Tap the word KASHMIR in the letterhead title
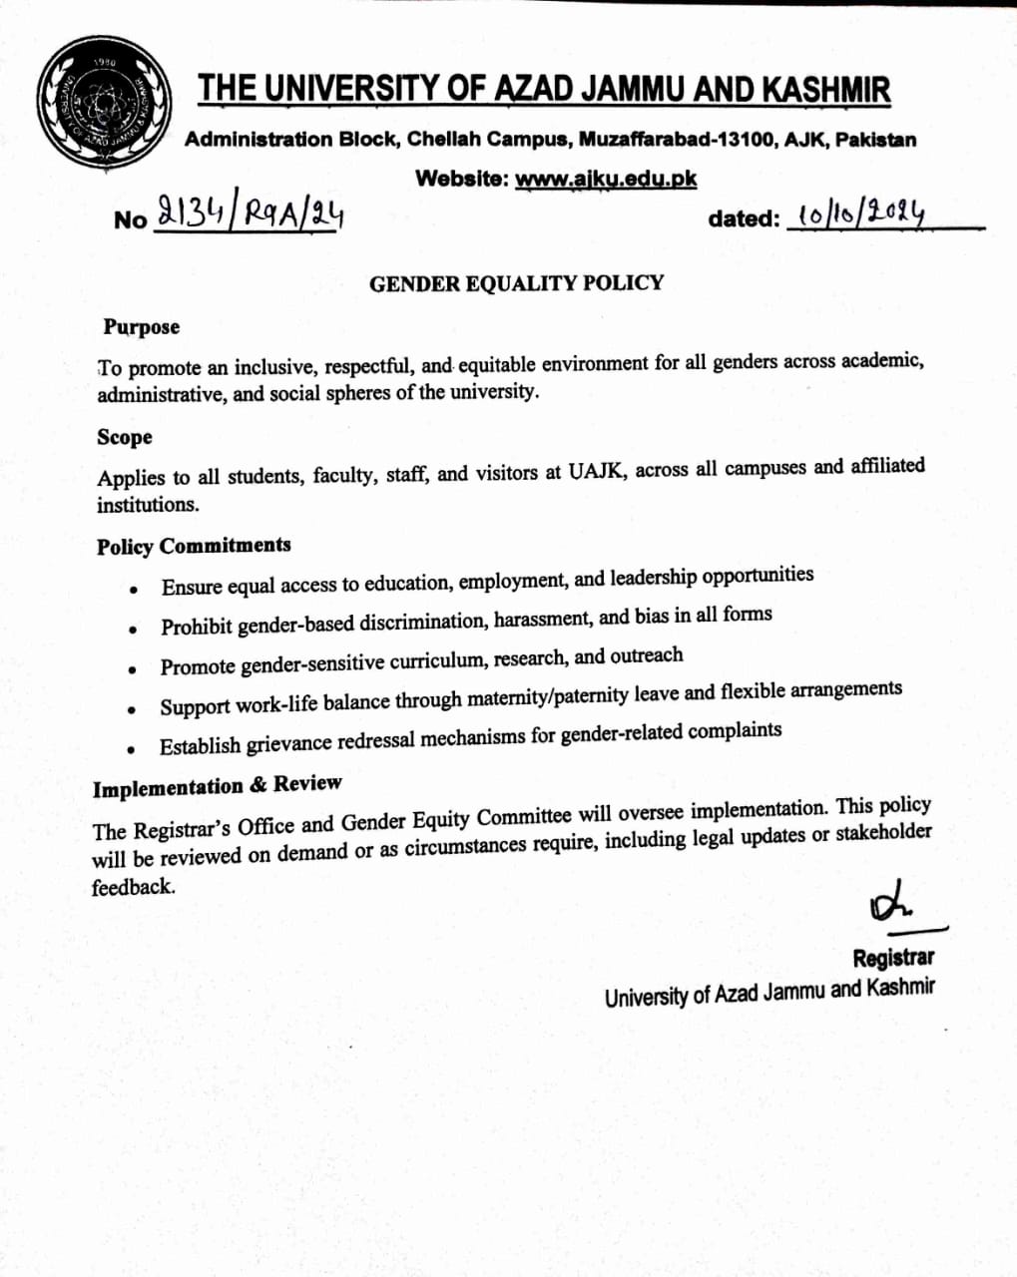click(x=825, y=90)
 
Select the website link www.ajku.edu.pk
click(x=606, y=180)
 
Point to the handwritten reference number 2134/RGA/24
click(x=251, y=213)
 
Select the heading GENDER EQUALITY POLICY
click(x=516, y=283)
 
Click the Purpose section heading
click(x=141, y=327)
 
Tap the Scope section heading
click(x=125, y=437)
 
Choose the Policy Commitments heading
click(x=194, y=546)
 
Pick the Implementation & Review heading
click(x=217, y=786)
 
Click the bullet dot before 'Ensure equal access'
click(x=133, y=590)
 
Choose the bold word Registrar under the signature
click(x=893, y=958)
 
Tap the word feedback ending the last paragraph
click(x=133, y=887)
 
